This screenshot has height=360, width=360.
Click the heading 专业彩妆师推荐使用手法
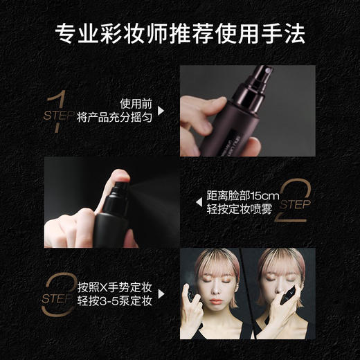180,33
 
